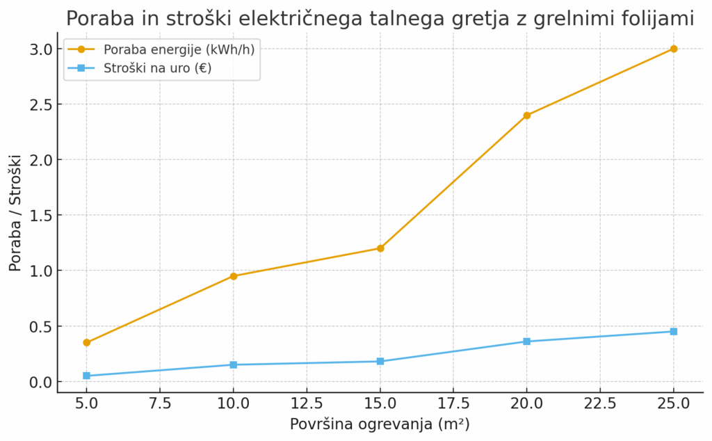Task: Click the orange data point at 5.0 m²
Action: [87, 342]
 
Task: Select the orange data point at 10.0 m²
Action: [234, 276]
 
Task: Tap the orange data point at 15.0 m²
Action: [380, 248]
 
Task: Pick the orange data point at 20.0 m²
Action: [527, 115]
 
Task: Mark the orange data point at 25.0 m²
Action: [673, 49]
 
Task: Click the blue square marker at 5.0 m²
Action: [87, 376]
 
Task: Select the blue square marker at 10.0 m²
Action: [234, 364]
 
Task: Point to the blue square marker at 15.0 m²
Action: [380, 361]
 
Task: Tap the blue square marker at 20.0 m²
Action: [527, 342]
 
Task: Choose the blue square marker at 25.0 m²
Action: [673, 331]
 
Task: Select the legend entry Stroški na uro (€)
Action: [157, 68]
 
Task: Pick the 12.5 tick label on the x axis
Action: [307, 404]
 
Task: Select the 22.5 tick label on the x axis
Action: [600, 404]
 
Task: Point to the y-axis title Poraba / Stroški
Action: [15, 213]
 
